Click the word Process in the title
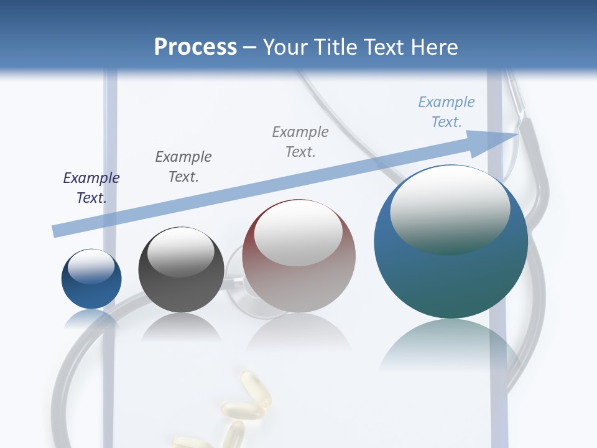tap(195, 47)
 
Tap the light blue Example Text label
tap(447, 112)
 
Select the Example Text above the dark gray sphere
tap(183, 166)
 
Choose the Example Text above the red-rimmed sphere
tap(300, 142)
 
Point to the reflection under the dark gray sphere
tap(181, 327)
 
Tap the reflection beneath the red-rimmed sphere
tap(298, 334)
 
